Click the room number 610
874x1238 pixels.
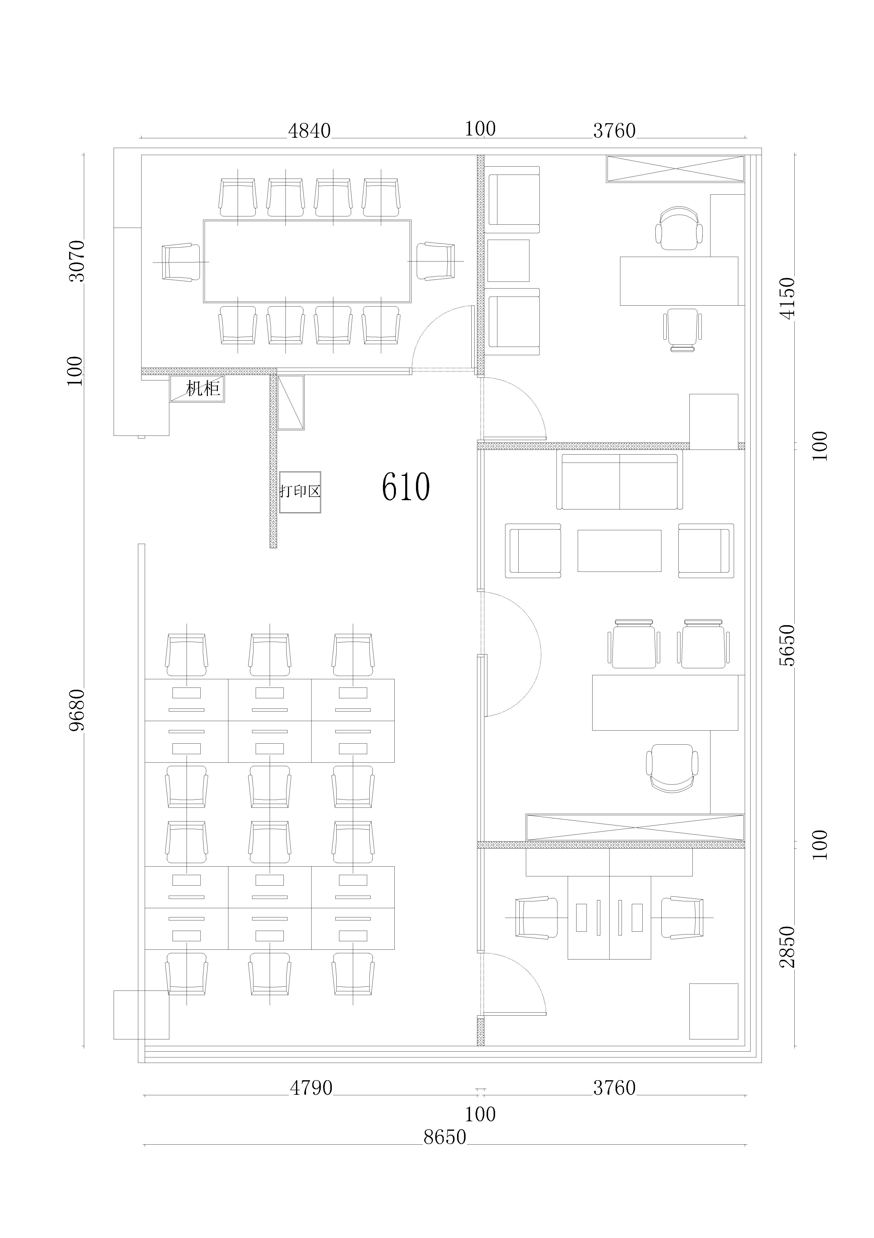(x=405, y=487)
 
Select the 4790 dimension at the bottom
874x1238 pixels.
(x=311, y=1088)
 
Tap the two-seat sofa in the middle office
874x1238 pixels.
(x=620, y=482)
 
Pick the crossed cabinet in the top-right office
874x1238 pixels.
(x=675, y=169)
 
